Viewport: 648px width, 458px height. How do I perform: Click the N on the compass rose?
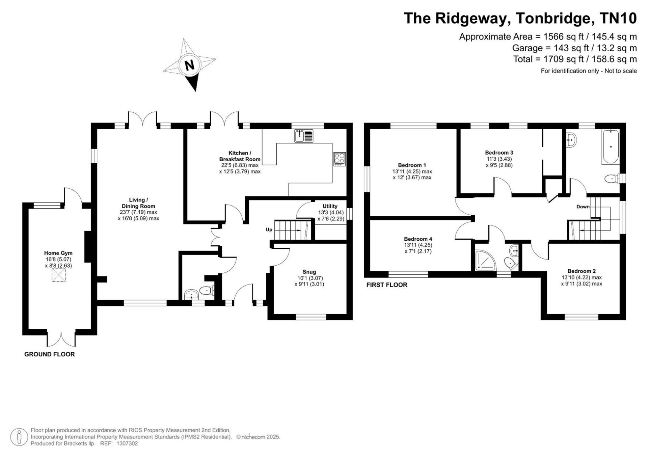tap(190, 65)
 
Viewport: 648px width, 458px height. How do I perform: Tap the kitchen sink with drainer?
tap(304, 136)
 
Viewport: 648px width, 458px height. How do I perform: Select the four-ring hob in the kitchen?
tap(340, 159)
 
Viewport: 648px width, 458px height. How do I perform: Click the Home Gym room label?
tap(58, 253)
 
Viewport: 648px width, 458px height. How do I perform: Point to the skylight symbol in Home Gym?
tap(58, 275)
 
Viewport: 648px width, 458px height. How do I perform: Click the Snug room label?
tap(309, 272)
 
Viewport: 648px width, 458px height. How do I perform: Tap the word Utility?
tap(330, 206)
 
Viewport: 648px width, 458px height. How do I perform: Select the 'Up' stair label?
tap(269, 230)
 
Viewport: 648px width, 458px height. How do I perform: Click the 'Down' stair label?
tap(583, 207)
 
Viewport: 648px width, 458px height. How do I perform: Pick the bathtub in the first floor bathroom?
tap(610, 147)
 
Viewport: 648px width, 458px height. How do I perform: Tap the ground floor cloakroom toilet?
tap(206, 290)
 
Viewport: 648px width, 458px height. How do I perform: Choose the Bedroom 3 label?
tap(499, 153)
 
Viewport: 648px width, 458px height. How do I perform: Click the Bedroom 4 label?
tap(418, 239)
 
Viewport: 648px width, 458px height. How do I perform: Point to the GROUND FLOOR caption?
tap(50, 354)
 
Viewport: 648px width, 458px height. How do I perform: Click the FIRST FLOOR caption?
tap(387, 285)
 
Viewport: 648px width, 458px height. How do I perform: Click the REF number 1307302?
tap(127, 443)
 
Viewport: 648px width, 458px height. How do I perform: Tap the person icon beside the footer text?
tap(19, 437)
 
